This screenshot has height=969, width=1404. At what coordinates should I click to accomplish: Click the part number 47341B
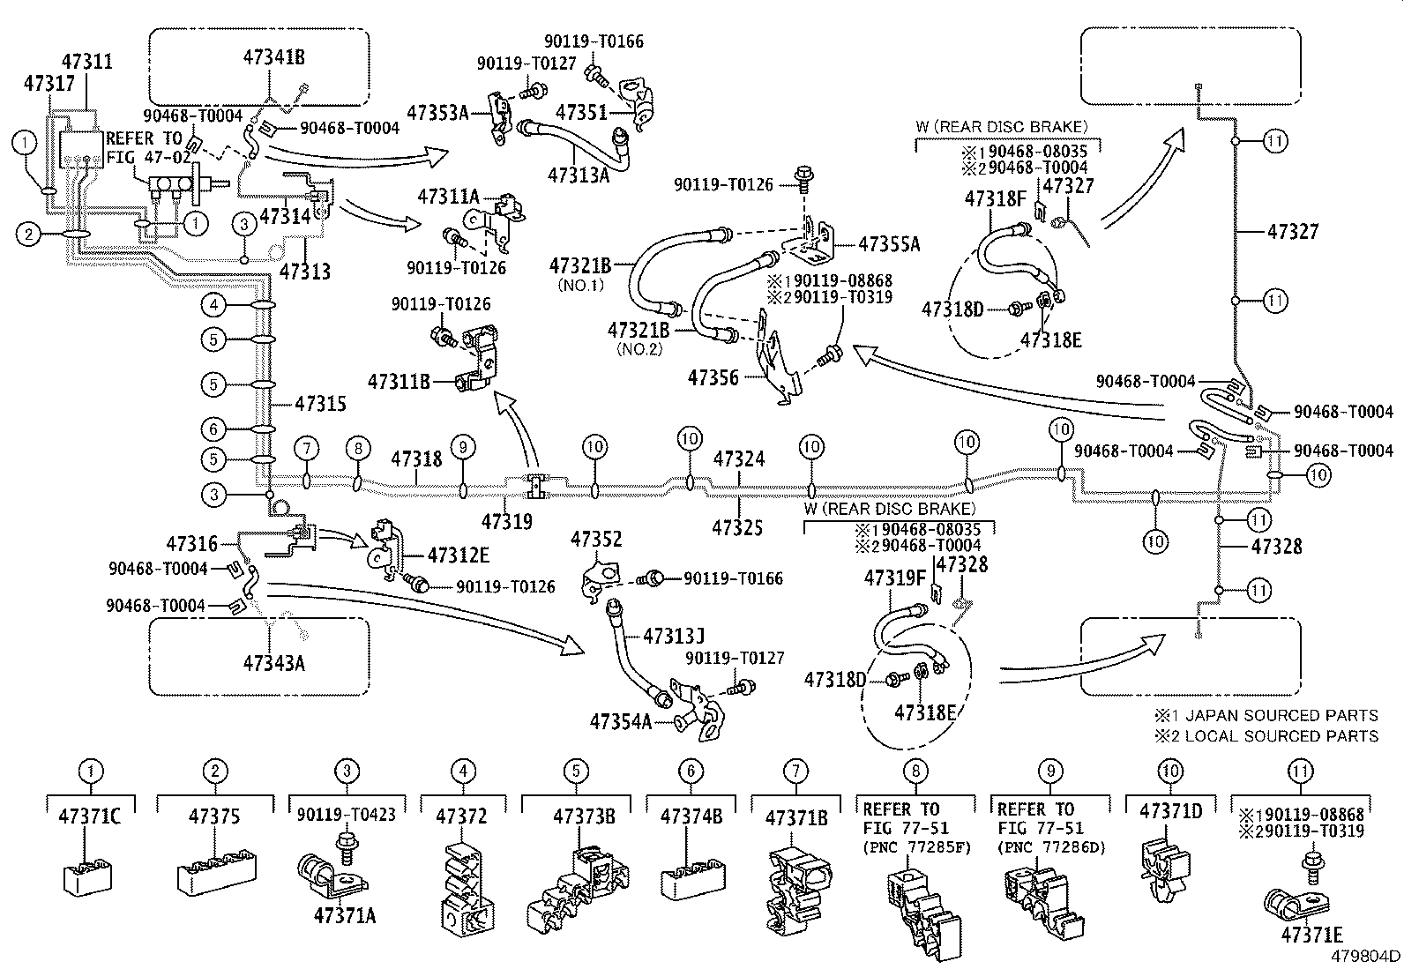tap(273, 57)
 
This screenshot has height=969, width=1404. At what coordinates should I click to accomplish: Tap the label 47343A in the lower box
tap(273, 662)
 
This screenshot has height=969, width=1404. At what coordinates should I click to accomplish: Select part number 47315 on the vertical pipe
tap(320, 404)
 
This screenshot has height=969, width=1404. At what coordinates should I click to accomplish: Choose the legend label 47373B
tap(584, 816)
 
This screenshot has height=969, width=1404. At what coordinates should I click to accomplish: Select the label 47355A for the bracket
tap(889, 244)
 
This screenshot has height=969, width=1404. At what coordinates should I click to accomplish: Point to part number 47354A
tap(621, 722)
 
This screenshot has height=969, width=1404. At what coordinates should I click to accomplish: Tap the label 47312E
tap(459, 555)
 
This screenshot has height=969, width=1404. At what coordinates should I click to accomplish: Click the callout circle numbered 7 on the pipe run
tap(306, 448)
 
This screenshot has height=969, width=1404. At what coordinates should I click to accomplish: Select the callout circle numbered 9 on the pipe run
tap(462, 448)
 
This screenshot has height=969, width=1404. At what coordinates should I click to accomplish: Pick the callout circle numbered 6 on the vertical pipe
tap(213, 429)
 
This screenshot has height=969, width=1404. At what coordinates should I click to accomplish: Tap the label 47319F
tap(895, 578)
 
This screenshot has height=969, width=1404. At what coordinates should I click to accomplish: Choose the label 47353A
tap(437, 112)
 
